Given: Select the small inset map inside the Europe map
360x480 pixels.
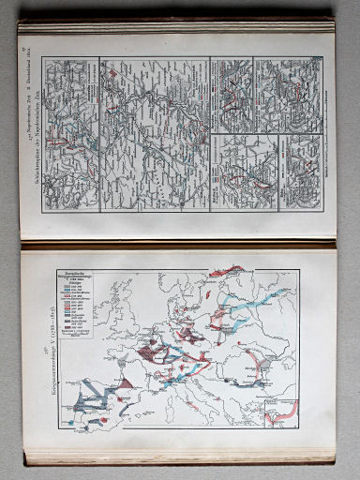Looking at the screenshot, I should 281,409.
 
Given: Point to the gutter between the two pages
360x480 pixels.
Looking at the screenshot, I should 178,241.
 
